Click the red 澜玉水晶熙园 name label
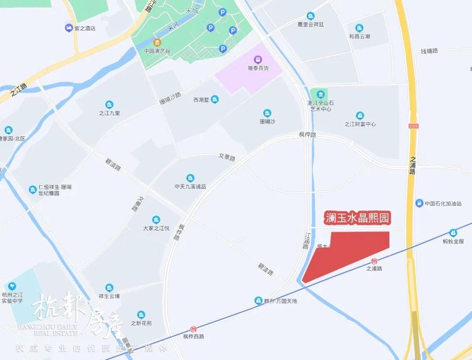[x=357, y=219]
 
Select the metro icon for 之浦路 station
[x=374, y=261]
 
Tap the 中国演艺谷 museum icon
[x=156, y=43]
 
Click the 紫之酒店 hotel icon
[x=68, y=28]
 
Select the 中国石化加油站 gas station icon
[x=419, y=203]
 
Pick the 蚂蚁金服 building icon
[x=453, y=233]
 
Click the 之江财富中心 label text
[x=360, y=124]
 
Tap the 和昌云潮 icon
[x=359, y=28]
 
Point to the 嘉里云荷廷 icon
[x=310, y=16]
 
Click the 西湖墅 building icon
[x=215, y=99]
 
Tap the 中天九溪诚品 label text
[x=190, y=186]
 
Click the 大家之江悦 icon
[x=156, y=220]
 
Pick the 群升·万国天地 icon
[x=258, y=300]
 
